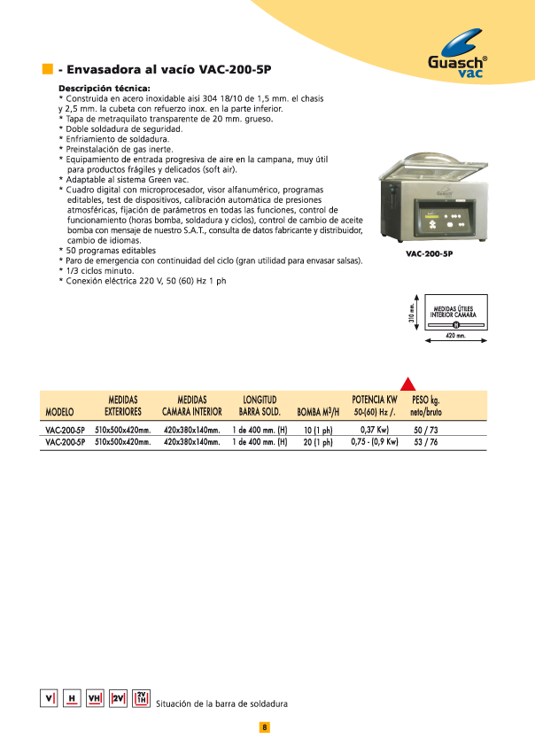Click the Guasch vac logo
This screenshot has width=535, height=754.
point(457,55)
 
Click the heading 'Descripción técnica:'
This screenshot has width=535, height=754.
point(104,89)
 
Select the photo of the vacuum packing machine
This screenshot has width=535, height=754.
point(429,204)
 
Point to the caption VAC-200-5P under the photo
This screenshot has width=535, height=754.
point(430,254)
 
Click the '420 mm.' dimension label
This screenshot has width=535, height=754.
point(454,337)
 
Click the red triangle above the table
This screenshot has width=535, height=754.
point(408,383)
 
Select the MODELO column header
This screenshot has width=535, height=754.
point(59,412)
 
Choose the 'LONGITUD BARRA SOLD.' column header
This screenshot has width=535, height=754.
point(260,406)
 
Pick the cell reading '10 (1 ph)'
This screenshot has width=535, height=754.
point(317,431)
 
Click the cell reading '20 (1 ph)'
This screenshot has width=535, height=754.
point(317,442)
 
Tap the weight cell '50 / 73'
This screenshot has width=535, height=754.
point(427,431)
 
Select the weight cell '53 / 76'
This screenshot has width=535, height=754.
point(427,442)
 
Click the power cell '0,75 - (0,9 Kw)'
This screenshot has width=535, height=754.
point(374,442)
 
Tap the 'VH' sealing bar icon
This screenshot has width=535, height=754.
point(95,698)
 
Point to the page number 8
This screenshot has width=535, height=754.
point(264,727)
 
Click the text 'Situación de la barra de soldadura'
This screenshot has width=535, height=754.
point(221,703)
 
